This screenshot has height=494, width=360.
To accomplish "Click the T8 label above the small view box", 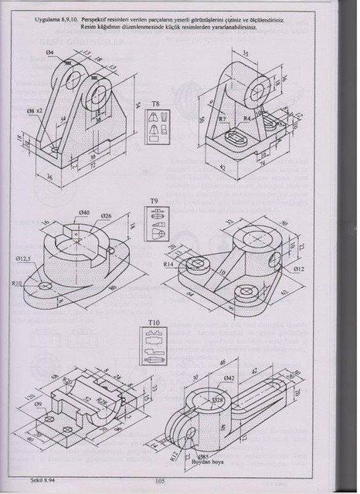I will [x=155, y=103].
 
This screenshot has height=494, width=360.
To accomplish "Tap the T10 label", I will [x=155, y=322].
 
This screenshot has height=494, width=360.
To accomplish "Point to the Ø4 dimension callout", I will [x=49, y=51].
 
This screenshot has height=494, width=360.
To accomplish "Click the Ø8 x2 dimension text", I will [x=36, y=111].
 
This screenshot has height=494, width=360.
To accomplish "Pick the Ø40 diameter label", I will [x=83, y=212].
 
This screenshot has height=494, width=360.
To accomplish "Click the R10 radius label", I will [x=17, y=284].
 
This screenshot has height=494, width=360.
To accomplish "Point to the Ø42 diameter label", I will [x=229, y=377].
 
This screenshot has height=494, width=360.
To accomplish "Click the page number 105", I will [x=161, y=481].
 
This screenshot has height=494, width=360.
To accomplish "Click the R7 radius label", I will [x=222, y=120].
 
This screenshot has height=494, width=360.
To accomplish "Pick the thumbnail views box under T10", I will [x=155, y=348].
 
